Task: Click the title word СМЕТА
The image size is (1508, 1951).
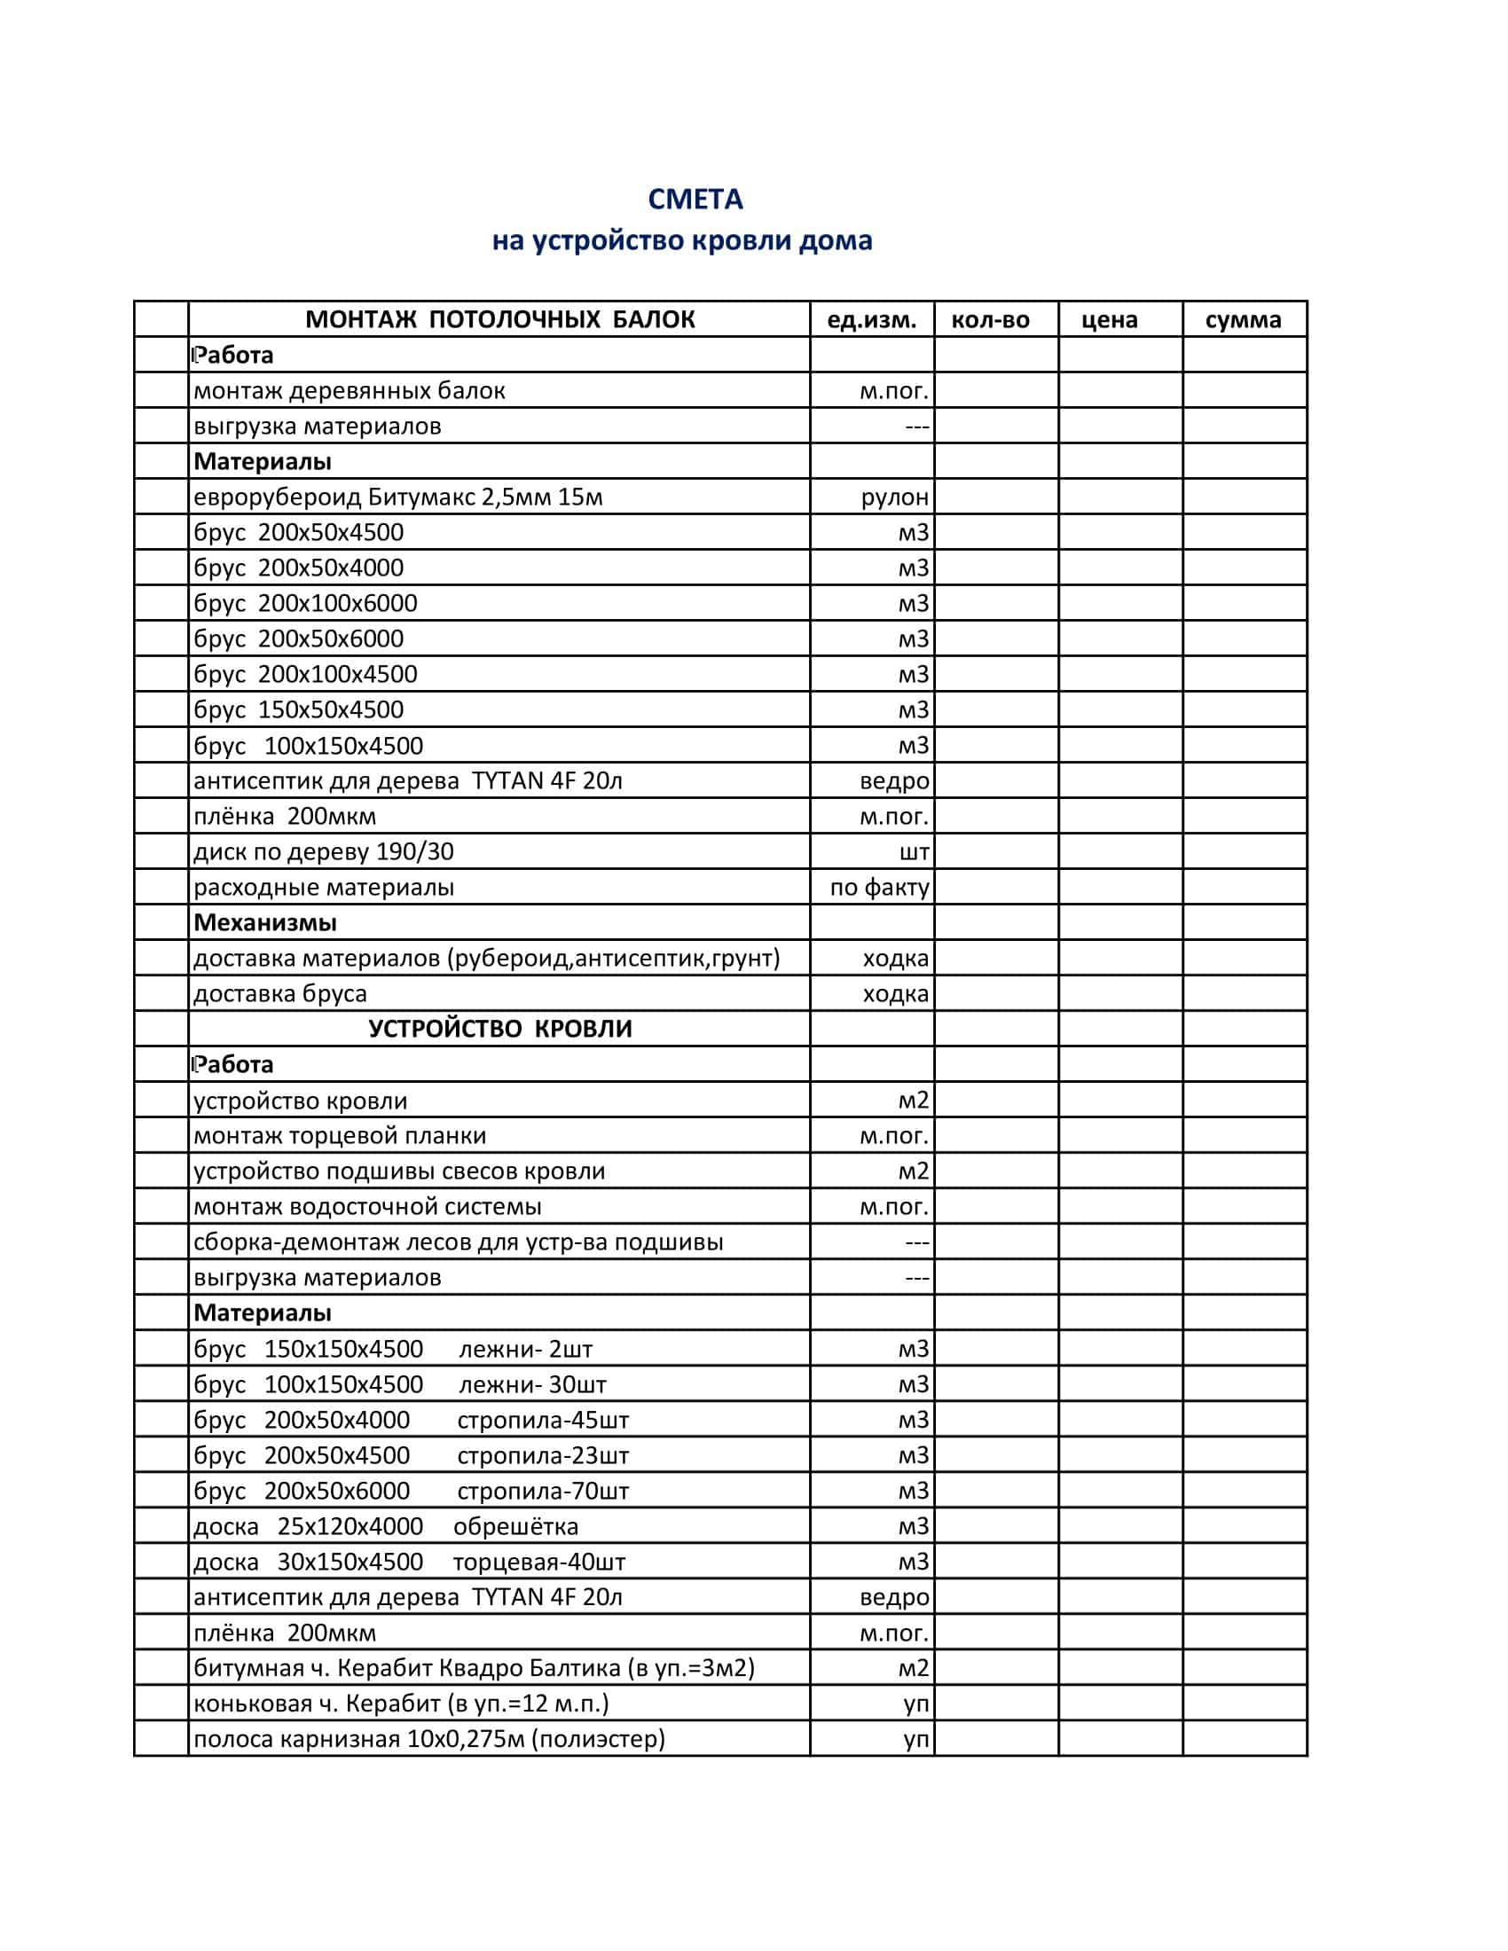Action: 695,200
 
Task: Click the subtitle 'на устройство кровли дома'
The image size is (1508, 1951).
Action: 681,241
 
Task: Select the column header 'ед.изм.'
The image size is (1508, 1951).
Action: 871,320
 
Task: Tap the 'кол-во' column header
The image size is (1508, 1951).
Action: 990,320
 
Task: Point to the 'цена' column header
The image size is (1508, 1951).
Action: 1109,320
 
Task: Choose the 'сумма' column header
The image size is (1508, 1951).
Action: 1243,320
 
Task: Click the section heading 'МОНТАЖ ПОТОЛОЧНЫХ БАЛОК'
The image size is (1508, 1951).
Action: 499,320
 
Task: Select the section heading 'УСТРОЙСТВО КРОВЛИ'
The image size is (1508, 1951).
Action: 499,1029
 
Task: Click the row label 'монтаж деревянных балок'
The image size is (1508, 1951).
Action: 350,391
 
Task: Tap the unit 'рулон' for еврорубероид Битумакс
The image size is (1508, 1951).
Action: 894,498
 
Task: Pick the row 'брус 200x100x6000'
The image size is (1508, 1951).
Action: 305,604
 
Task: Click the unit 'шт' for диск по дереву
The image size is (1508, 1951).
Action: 914,852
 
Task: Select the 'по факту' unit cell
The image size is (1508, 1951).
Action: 879,888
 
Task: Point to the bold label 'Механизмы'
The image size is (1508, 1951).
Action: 265,923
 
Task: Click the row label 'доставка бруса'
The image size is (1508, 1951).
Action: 280,994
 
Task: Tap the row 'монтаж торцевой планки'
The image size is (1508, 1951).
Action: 340,1136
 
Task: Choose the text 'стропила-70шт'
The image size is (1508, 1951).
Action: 542,1491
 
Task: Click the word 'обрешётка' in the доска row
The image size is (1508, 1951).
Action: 515,1527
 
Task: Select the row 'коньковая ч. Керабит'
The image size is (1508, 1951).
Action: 401,1704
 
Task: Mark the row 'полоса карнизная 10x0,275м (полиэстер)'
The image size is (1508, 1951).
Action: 428,1739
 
